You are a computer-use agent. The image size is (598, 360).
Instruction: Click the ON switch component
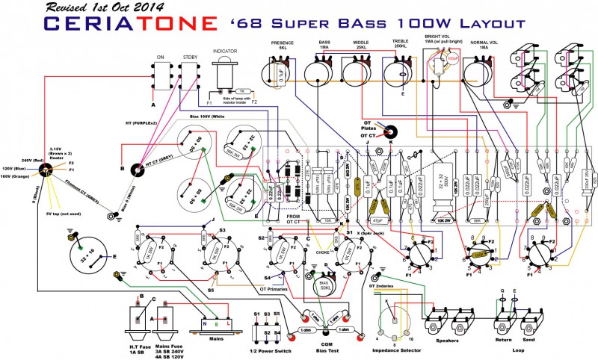160,75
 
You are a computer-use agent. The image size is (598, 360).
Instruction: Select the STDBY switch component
189,75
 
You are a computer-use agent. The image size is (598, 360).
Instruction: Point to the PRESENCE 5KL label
283,46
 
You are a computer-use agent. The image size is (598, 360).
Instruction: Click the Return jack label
503,339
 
